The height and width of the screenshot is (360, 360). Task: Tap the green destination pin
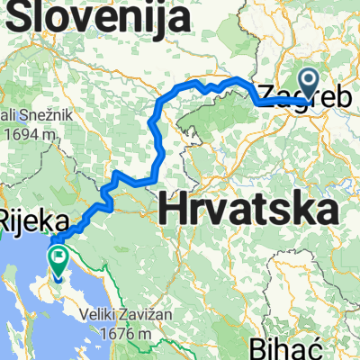point(58,261)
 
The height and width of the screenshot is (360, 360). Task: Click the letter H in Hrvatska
point(173,210)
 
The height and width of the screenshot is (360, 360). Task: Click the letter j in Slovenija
point(171,17)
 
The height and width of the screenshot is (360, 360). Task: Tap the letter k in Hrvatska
point(298,210)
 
